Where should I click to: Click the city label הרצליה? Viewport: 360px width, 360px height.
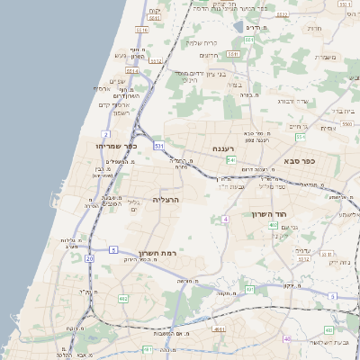tap(166, 199)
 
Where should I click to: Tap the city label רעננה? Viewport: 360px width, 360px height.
tap(223, 148)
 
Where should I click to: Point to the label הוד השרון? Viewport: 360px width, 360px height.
tap(269, 214)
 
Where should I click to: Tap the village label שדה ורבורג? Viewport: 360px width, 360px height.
tap(292, 102)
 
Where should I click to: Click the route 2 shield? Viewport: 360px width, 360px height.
tap(105, 134)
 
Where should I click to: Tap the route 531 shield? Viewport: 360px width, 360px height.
tap(158, 145)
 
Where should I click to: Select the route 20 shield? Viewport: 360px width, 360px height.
tap(89, 258)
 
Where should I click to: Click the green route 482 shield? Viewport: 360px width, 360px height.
tap(122, 298)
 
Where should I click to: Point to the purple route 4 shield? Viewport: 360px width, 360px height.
tap(226, 219)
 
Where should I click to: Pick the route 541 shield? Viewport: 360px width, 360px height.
tap(230, 160)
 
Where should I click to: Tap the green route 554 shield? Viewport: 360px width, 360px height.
tap(300, 138)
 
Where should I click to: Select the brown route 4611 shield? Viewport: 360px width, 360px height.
tap(218, 329)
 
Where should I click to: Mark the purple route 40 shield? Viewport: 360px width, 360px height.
tap(287, 338)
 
